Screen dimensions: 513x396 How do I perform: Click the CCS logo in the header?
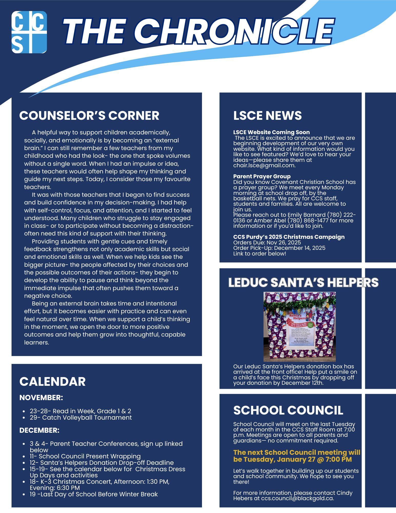click(29, 32)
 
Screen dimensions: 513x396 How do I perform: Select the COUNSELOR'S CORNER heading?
click(89, 115)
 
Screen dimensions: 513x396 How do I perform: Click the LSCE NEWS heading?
click(267, 115)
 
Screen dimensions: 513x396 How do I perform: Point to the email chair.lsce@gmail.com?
click(264, 165)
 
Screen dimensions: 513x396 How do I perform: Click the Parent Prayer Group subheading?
click(262, 176)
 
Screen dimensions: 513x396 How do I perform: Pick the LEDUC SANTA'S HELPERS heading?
click(303, 282)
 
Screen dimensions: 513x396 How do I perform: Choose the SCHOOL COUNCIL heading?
click(288, 410)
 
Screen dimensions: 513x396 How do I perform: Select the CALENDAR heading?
click(52, 381)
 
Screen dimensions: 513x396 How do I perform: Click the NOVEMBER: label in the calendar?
click(41, 398)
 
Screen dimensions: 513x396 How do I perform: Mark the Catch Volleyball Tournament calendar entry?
click(87, 417)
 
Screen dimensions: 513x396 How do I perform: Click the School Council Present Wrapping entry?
click(89, 456)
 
